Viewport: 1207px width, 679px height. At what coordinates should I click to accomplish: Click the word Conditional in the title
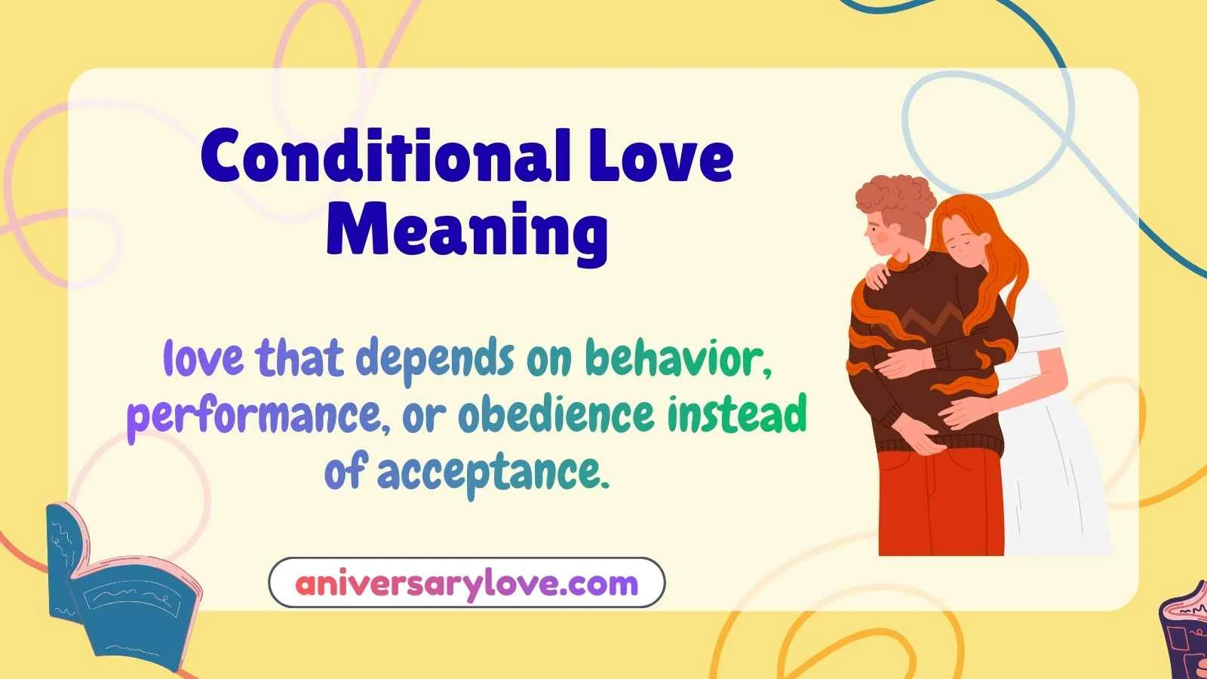point(385,157)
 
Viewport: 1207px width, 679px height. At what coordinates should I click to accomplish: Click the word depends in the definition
point(435,359)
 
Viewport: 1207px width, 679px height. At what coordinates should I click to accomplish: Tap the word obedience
point(556,415)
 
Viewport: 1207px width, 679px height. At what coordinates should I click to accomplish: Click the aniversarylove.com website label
point(466,583)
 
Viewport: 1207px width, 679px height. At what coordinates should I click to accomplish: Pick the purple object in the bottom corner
point(1184,634)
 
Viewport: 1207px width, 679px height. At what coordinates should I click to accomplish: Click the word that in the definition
point(299,359)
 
